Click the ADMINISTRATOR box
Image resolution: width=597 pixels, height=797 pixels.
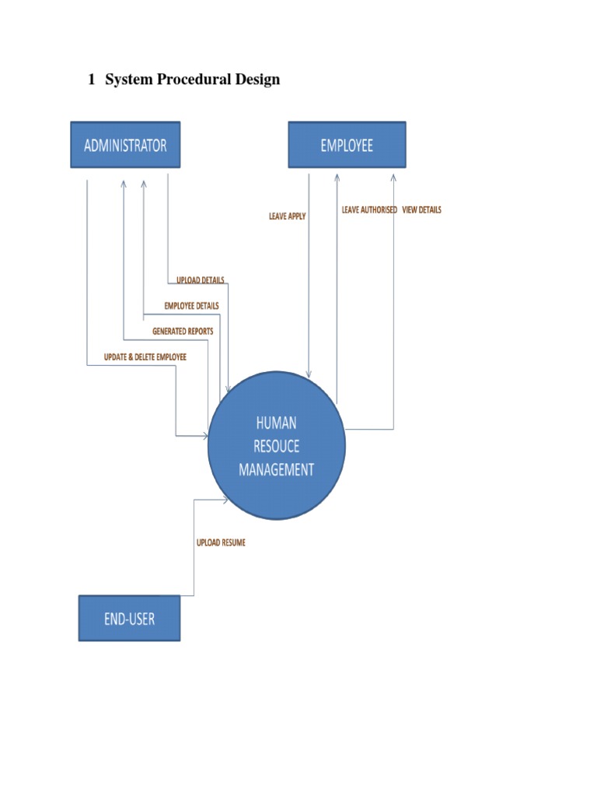coord(125,145)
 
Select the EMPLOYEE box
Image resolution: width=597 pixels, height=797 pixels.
coord(347,145)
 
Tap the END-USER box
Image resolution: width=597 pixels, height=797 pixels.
coord(129,619)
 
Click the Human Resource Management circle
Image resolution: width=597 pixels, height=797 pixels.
coord(277,447)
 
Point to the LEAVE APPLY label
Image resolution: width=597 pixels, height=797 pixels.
coord(288,216)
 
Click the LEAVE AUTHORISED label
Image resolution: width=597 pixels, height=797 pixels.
coord(369,210)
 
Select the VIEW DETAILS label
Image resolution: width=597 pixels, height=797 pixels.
coord(421,210)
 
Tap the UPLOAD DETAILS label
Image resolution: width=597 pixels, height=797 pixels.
coord(200,280)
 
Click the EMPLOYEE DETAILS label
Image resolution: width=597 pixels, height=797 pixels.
coord(191,306)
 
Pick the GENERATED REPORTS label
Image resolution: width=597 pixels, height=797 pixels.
coord(183,332)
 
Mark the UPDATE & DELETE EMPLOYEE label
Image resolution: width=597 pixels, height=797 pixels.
coord(145,357)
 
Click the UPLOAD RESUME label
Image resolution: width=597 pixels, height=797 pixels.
coord(221,542)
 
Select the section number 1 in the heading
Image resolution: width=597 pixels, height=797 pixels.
coord(91,79)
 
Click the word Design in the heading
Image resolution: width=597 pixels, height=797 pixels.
coord(258,79)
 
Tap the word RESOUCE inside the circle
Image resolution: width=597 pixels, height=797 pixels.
coord(277,447)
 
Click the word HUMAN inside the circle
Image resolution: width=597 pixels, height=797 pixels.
coord(276,423)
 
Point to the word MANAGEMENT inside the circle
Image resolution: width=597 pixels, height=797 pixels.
coord(277,470)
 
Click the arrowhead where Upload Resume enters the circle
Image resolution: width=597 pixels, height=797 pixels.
coord(225,500)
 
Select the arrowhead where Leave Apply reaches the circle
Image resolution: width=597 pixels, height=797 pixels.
coord(309,375)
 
